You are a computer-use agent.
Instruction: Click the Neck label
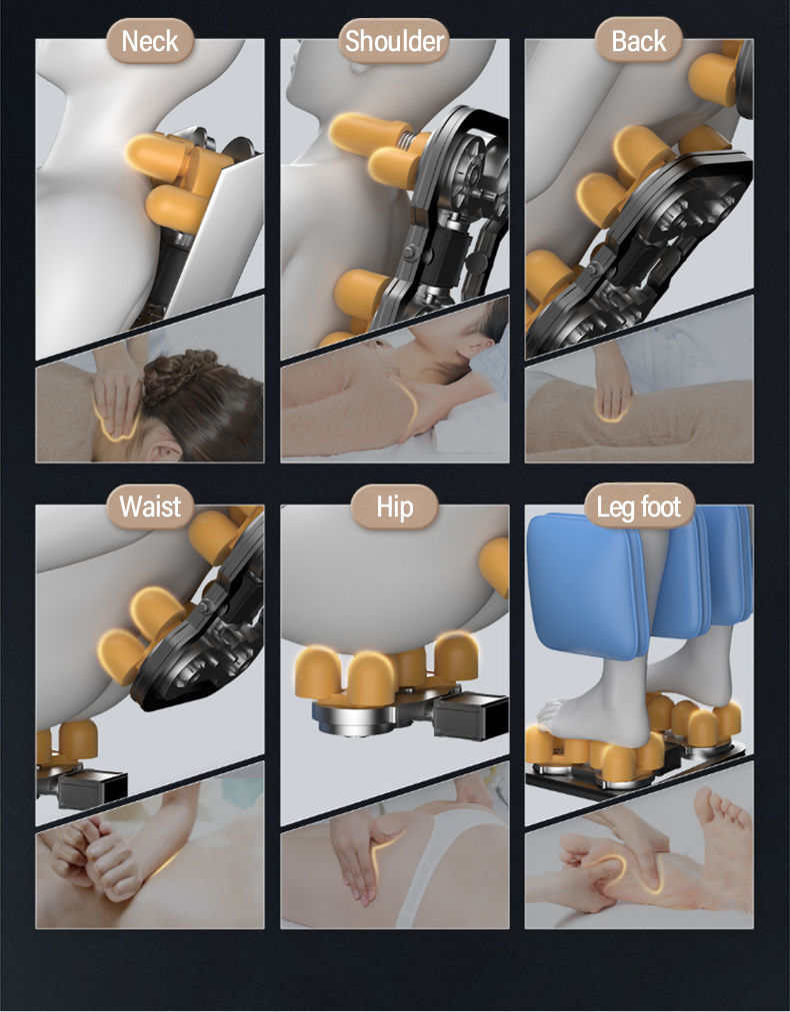coord(150,41)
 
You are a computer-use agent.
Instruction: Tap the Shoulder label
coord(394,41)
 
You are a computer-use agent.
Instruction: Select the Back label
coord(638,41)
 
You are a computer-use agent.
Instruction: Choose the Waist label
coord(150,506)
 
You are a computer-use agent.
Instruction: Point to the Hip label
coord(395,507)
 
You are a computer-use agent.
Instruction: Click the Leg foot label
coord(638,507)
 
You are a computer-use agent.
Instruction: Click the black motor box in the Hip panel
coord(470,714)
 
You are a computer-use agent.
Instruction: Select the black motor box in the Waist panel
coord(90,788)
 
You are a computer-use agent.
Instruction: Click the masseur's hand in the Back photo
coord(611,388)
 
